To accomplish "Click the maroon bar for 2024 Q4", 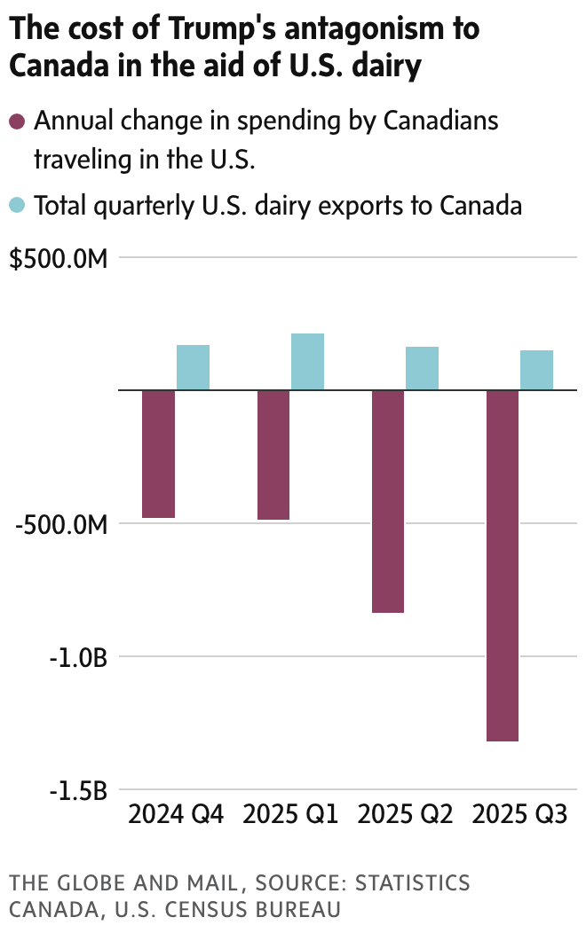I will pyautogui.click(x=159, y=453).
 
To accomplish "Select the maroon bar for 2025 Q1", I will pyautogui.click(x=273, y=454).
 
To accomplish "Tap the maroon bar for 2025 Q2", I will pyautogui.click(x=388, y=501).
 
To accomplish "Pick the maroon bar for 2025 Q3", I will pyautogui.click(x=503, y=565).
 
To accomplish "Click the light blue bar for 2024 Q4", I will pyautogui.click(x=193, y=367).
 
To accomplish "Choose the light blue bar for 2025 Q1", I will pyautogui.click(x=307, y=362).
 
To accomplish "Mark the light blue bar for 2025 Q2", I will pyautogui.click(x=422, y=368).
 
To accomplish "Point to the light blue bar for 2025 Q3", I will pyautogui.click(x=536, y=370).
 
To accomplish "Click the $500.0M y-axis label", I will pyautogui.click(x=59, y=259).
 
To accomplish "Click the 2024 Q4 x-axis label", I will pyautogui.click(x=176, y=813).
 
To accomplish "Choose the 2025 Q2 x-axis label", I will pyautogui.click(x=405, y=813).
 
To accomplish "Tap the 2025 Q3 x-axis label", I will pyautogui.click(x=519, y=813).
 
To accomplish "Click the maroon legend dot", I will pyautogui.click(x=18, y=122).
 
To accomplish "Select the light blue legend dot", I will pyautogui.click(x=18, y=206).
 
